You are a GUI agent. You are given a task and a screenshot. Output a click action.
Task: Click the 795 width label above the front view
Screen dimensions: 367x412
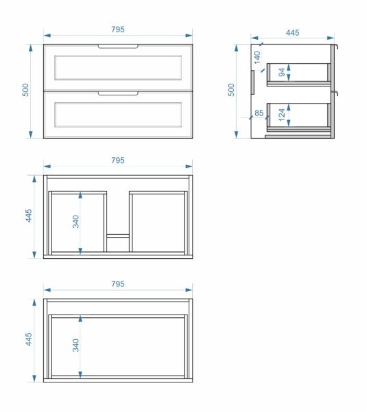click(118, 29)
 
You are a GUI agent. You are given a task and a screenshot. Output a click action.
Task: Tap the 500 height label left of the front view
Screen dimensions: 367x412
click(25, 90)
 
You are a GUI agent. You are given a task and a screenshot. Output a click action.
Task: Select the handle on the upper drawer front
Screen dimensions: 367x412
click(118, 47)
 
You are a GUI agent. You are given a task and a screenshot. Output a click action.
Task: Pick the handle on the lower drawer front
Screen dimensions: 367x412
click(118, 93)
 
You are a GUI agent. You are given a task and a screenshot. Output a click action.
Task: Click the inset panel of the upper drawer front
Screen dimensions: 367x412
click(118, 67)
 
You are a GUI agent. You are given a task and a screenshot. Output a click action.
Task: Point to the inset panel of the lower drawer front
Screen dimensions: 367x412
click(118, 115)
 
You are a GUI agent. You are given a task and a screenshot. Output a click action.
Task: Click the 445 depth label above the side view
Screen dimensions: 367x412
click(292, 32)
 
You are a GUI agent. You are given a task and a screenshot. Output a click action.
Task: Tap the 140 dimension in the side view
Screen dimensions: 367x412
click(257, 57)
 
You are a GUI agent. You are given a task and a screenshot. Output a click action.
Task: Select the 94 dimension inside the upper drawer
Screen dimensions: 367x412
click(282, 72)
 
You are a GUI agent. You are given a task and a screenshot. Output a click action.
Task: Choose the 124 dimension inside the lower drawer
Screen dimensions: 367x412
click(282, 115)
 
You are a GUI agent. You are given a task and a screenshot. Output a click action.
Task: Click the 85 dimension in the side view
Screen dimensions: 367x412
click(259, 113)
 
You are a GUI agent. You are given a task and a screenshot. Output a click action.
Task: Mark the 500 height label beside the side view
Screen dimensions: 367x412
click(231, 90)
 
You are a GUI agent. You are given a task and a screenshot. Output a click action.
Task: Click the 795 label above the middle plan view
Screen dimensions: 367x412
click(118, 160)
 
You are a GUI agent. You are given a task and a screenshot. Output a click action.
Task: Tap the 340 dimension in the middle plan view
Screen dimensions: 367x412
click(75, 222)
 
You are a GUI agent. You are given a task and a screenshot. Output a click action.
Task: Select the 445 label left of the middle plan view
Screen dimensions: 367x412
click(29, 216)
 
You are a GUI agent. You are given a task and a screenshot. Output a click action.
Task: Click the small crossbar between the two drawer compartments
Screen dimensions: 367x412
click(118, 236)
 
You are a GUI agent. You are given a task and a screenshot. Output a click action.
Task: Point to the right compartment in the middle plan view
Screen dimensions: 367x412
click(158, 222)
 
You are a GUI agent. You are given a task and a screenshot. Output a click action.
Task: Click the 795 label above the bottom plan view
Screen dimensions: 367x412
click(118, 284)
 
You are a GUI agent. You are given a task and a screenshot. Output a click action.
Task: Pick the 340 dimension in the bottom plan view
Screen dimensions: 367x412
click(75, 345)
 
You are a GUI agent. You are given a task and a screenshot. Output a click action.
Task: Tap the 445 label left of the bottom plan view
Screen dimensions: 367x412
click(29, 339)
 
